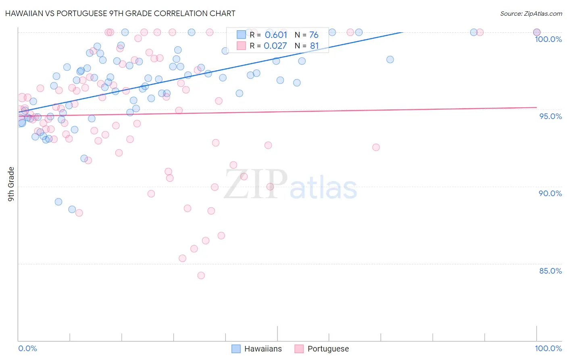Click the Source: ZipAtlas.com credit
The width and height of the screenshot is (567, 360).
(x=531, y=13)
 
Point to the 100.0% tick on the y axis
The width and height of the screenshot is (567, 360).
(x=548, y=39)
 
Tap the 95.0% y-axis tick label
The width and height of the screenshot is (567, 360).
(x=550, y=116)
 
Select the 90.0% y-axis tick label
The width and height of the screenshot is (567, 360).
(x=550, y=193)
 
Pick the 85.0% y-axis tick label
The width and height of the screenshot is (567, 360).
(x=550, y=271)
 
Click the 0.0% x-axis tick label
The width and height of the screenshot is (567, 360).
(x=27, y=348)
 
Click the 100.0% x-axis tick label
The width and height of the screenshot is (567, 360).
(x=548, y=348)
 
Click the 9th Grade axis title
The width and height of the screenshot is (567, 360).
(x=11, y=184)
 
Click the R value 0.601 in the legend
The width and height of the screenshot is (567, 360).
(x=276, y=35)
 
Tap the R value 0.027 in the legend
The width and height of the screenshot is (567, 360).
(x=275, y=46)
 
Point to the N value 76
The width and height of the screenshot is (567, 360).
(x=314, y=35)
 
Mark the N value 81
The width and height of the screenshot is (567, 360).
(x=314, y=46)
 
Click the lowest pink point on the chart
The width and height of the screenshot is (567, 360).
(x=201, y=275)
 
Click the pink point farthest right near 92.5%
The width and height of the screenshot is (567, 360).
(x=376, y=147)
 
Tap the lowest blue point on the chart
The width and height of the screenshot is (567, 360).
(x=72, y=209)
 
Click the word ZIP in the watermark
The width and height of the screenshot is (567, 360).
(x=256, y=184)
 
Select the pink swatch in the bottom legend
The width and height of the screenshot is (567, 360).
(x=299, y=349)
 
